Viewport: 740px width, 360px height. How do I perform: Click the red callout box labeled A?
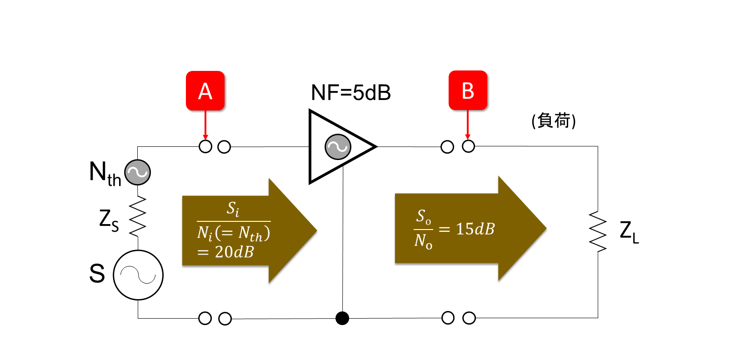click(x=205, y=90)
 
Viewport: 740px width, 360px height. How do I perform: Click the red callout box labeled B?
click(x=468, y=90)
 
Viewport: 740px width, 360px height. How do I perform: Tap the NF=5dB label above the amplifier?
click(x=351, y=93)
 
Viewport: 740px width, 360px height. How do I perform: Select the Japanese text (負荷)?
click(x=554, y=120)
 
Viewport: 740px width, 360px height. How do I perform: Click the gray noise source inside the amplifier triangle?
click(x=338, y=147)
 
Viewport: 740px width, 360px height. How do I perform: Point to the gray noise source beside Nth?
click(x=137, y=172)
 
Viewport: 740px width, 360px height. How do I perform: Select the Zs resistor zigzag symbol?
click(x=137, y=216)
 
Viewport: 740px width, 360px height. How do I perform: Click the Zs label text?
click(x=109, y=220)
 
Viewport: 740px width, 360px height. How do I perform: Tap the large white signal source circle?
click(x=138, y=275)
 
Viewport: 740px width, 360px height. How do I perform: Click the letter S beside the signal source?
click(x=97, y=274)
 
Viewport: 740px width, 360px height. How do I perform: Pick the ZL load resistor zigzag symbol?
click(x=598, y=232)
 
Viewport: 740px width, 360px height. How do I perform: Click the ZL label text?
click(x=630, y=232)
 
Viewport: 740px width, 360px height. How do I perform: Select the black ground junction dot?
click(x=342, y=318)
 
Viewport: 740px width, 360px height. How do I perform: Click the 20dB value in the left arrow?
click(x=234, y=252)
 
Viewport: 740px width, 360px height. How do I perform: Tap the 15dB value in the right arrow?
click(x=475, y=229)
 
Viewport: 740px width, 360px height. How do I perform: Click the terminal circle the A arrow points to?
click(x=205, y=147)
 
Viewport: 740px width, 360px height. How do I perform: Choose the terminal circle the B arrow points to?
click(x=468, y=146)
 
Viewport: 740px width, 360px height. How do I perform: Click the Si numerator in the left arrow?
click(x=233, y=209)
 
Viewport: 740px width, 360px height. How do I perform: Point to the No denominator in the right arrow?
click(x=423, y=241)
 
